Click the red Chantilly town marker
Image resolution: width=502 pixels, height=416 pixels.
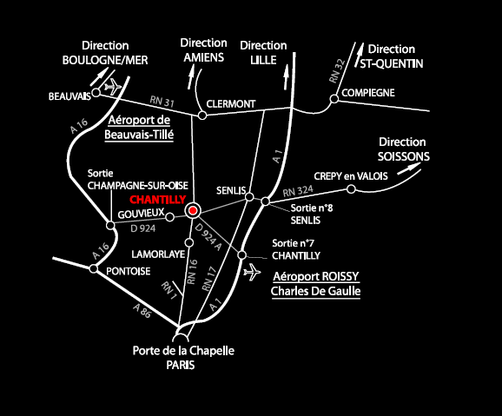pos(193,210)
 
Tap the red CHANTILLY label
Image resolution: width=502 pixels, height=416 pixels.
pos(157,200)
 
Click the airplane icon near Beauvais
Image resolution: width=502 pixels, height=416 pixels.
pos(113,86)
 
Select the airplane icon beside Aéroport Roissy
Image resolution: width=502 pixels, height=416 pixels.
pos(252,272)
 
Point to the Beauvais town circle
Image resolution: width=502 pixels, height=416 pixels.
pos(96,93)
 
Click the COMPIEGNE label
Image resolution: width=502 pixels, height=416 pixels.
pos(368,93)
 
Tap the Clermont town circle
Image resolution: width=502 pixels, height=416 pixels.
pos(202,115)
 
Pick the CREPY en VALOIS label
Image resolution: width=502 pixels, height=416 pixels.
pos(351,176)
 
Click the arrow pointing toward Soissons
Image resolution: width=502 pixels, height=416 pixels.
pos(409,168)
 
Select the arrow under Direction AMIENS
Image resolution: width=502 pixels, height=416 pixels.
pos(191,76)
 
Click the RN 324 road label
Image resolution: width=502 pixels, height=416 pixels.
pos(298,192)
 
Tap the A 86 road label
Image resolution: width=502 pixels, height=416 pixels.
pos(142,311)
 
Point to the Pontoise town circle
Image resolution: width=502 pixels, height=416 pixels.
pos(94,268)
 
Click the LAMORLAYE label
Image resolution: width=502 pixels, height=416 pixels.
pos(158,254)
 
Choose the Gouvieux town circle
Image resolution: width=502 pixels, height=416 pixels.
pos(169,217)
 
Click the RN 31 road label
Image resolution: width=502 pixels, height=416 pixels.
pos(162,102)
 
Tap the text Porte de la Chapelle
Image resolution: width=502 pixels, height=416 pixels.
pos(183,350)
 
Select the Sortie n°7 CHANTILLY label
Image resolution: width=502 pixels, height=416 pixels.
pos(296,249)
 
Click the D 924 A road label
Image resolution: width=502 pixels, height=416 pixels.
pos(208,237)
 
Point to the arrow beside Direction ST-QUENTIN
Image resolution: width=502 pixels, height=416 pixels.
pos(360,55)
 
